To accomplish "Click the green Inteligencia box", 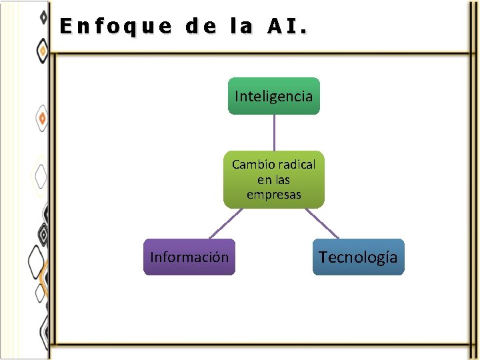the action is point(274,96).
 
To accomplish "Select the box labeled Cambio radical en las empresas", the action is point(274,179).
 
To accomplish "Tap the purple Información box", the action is point(189,257).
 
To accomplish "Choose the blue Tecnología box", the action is point(358,257).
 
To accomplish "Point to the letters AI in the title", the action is point(283,27).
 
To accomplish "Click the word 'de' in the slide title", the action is point(201,27).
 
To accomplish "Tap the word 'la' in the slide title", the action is point(241,27).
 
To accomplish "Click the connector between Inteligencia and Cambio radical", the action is point(274,133).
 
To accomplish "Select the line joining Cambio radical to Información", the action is point(225,223).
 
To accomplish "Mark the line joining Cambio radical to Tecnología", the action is point(321,223).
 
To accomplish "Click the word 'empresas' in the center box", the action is point(274,195).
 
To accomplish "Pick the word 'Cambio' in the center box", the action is point(251,164).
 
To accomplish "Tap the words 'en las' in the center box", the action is point(274,180).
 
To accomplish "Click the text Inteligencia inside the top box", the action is point(274,96).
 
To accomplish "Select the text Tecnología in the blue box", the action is point(358,257).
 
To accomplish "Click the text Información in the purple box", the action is point(189,257).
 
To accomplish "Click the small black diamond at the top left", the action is point(43,16).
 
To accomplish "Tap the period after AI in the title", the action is point(305,31).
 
